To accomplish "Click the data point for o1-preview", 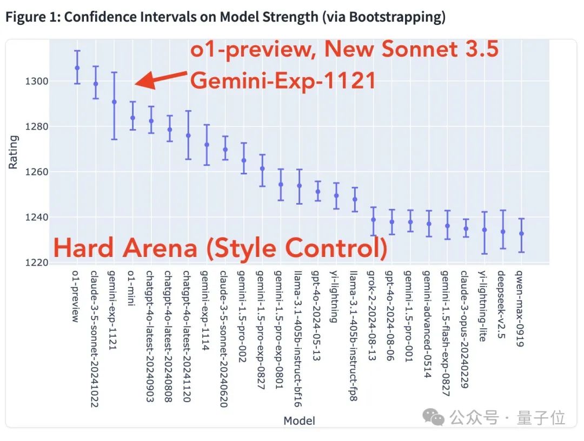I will click(x=77, y=67).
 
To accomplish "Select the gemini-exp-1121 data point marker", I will click(x=114, y=101).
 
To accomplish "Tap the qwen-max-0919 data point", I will click(x=521, y=233).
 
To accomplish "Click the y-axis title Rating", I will click(x=14, y=153).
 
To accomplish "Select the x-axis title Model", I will click(x=299, y=420).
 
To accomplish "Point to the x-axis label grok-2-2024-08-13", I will click(x=373, y=316).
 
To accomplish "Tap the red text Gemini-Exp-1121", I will click(x=283, y=80).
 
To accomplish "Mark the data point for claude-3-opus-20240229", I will click(x=466, y=228).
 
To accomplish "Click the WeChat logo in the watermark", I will click(x=435, y=417).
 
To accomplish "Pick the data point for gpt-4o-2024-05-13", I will click(x=318, y=191).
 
